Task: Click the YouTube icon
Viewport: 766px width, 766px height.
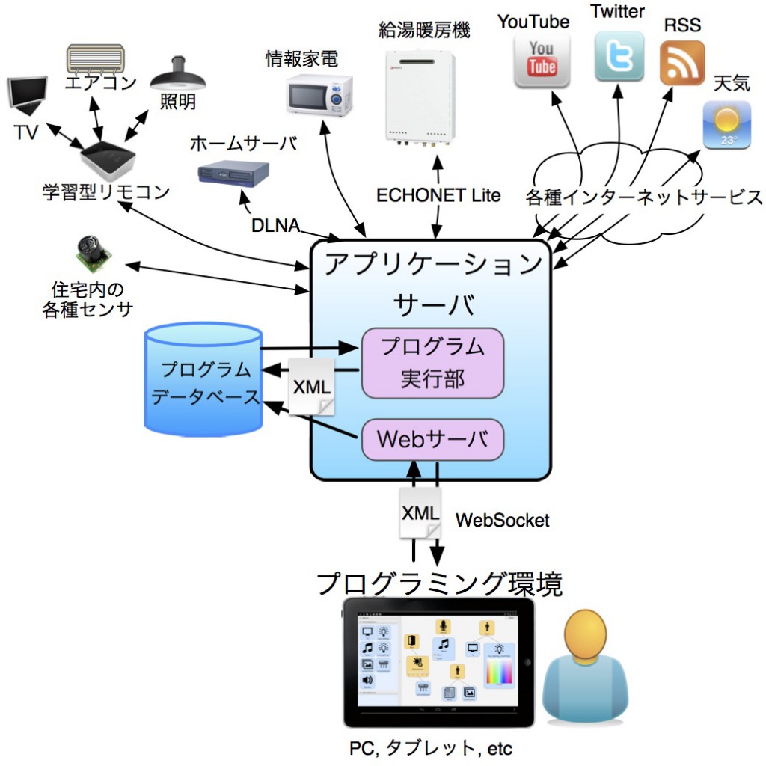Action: pos(542,59)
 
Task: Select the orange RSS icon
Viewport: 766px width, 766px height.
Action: pos(682,63)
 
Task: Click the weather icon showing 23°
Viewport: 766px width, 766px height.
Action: pos(726,125)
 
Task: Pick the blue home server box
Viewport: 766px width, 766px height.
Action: pos(233,174)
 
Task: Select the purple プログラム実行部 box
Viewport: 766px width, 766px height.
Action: pos(432,363)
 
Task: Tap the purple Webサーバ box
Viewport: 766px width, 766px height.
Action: pos(432,439)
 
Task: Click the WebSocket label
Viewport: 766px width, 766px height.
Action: pos(502,520)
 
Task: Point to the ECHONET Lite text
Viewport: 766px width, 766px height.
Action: pos(438,196)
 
